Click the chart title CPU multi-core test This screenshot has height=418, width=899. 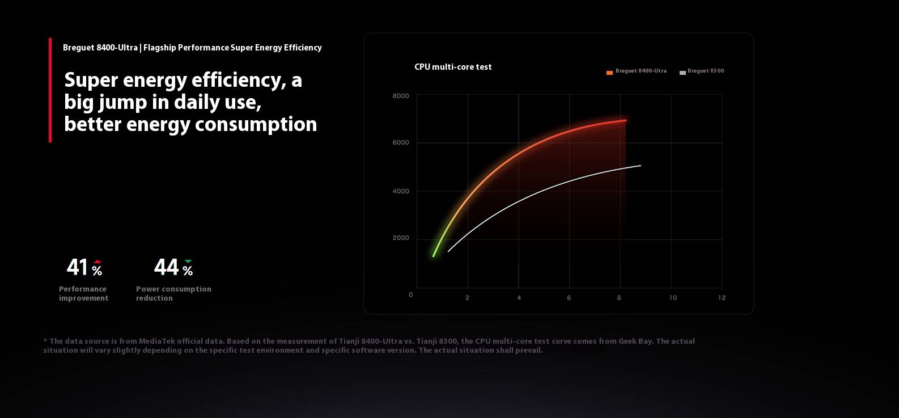pos(453,67)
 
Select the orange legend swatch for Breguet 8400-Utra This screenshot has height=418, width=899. pos(609,73)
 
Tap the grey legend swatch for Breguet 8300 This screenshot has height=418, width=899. pos(682,73)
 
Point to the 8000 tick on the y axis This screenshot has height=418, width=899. pos(401,96)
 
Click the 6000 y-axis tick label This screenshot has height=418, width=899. pos(401,142)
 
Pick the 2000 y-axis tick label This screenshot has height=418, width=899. pos(401,238)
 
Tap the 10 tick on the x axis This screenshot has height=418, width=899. pos(673,298)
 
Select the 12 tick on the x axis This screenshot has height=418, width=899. pos(722,298)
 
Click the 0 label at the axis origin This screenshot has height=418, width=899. pos(410,295)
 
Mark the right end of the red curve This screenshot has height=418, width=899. pos(625,120)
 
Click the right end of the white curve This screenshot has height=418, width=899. pos(640,166)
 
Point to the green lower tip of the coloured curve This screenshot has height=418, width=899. pos(434,256)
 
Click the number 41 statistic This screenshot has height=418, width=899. pos(77,267)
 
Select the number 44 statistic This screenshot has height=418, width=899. pos(166,267)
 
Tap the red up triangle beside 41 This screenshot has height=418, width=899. pos(97,262)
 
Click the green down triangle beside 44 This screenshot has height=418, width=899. pos(188,261)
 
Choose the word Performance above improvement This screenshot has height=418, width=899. pos(83,289)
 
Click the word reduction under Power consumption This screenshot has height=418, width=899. pos(154,298)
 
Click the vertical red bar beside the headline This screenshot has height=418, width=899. pos(50,90)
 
